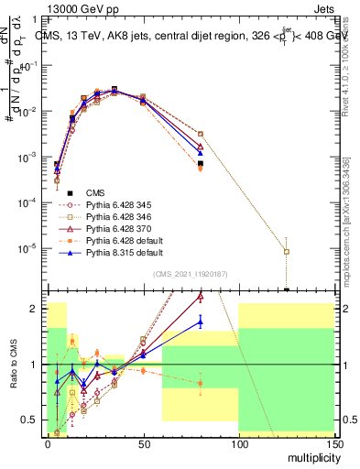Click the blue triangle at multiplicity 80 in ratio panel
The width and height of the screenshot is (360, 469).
(200, 321)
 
